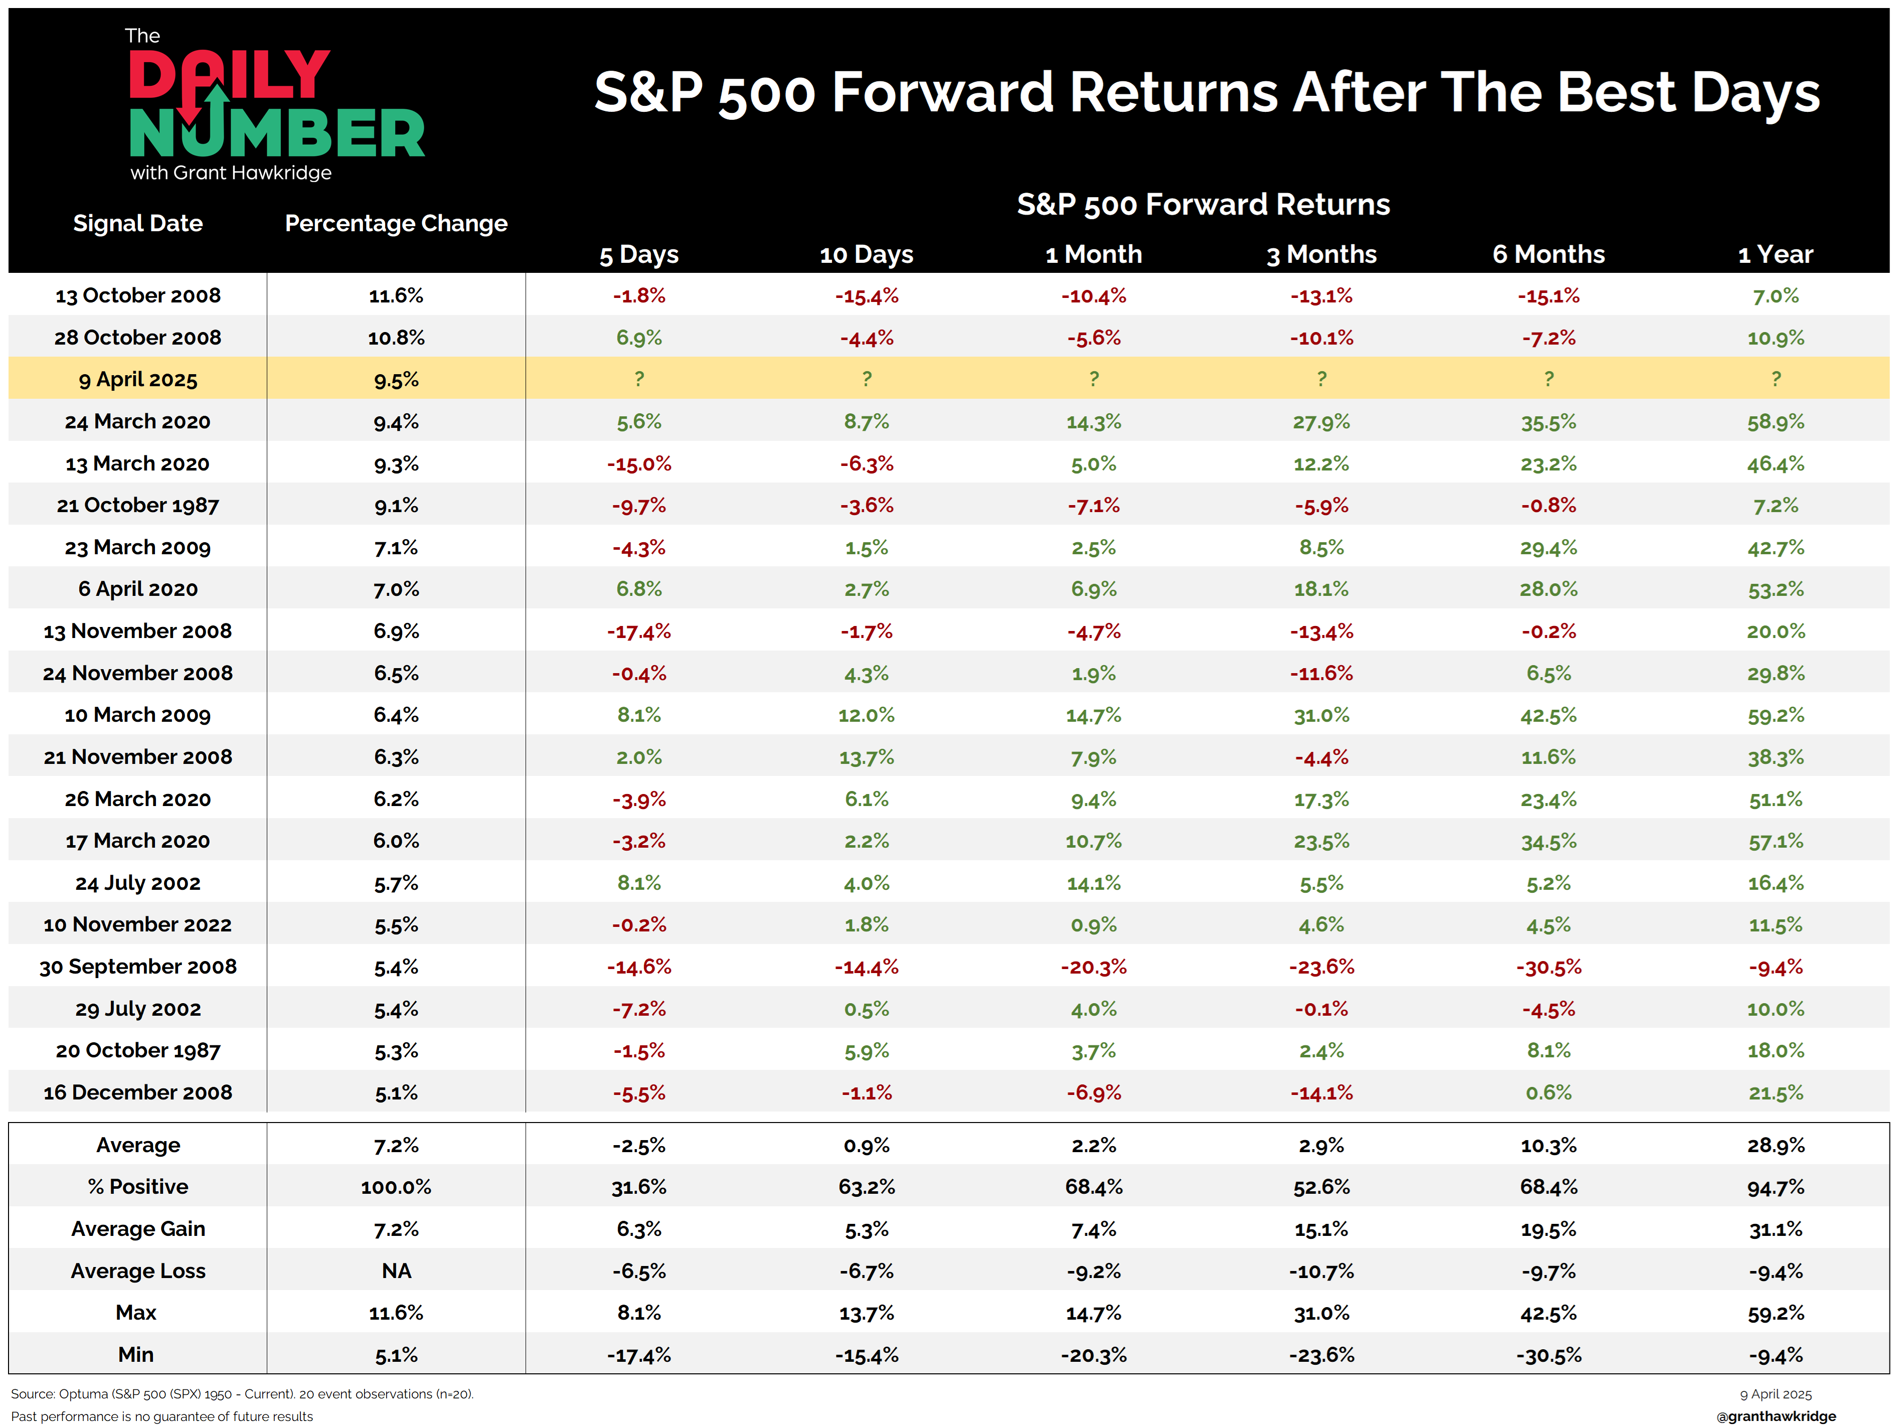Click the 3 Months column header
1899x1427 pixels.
click(x=1321, y=254)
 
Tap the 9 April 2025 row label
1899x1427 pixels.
click(x=138, y=380)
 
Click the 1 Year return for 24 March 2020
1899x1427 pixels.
click(x=1775, y=421)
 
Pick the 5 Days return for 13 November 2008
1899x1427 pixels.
click(x=639, y=632)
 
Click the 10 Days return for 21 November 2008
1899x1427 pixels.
click(x=866, y=757)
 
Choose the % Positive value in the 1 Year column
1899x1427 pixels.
click(x=1775, y=1187)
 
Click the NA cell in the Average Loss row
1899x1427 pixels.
click(x=396, y=1271)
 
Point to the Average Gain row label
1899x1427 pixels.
click(x=138, y=1229)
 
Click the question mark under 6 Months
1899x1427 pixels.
click(x=1548, y=379)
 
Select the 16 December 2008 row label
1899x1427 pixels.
click(x=138, y=1093)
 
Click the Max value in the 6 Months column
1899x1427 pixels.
click(x=1548, y=1313)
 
